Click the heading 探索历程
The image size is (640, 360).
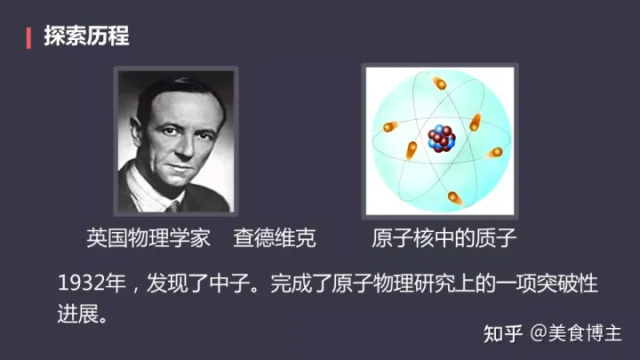(x=86, y=36)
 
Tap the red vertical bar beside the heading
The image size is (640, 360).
(x=28, y=38)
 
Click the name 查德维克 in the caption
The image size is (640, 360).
(x=275, y=238)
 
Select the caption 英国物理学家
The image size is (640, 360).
(x=148, y=238)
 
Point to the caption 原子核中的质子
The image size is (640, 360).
(x=444, y=238)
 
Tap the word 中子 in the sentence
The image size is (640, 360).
(x=229, y=283)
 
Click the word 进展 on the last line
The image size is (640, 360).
(x=77, y=314)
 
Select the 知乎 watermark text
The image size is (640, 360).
(x=503, y=333)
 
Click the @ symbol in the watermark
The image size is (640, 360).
(x=539, y=333)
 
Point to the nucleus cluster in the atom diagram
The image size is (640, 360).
(x=441, y=139)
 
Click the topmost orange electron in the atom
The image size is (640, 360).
(x=439, y=83)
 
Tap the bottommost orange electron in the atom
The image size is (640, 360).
(x=454, y=198)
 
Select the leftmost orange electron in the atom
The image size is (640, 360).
(x=390, y=126)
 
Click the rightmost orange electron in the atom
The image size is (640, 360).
(x=495, y=153)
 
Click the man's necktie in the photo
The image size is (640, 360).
(x=172, y=207)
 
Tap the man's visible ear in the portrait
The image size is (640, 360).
(x=136, y=130)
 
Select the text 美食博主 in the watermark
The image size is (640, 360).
(x=585, y=333)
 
